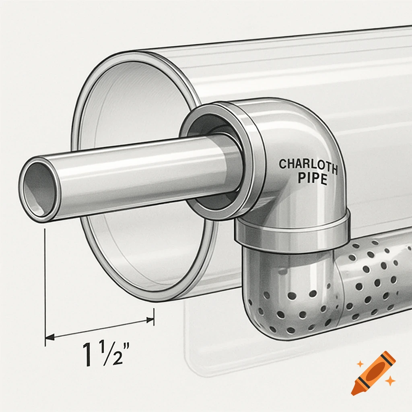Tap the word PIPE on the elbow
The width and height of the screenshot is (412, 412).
tap(312, 178)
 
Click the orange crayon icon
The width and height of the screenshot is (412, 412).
tap(373, 373)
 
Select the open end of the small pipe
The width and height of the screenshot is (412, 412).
tap(37, 189)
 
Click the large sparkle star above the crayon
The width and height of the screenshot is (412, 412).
tap(360, 364)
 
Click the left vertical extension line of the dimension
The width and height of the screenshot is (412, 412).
tap(45, 282)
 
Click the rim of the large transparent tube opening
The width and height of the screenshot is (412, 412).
tap(80, 161)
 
